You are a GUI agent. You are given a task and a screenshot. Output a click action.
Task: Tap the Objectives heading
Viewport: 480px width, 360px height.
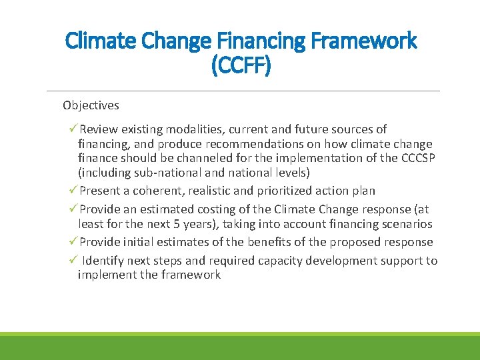point(91,105)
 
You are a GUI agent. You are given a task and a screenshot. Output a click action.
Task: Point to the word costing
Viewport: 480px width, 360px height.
point(225,209)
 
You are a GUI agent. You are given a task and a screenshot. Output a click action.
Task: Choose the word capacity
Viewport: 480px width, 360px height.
point(290,261)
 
